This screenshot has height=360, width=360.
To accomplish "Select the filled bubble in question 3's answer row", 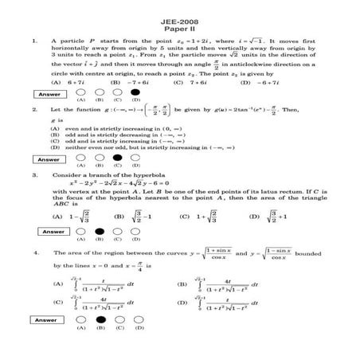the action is click(x=100, y=231).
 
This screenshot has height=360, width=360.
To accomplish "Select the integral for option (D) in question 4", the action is click(x=230, y=303).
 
